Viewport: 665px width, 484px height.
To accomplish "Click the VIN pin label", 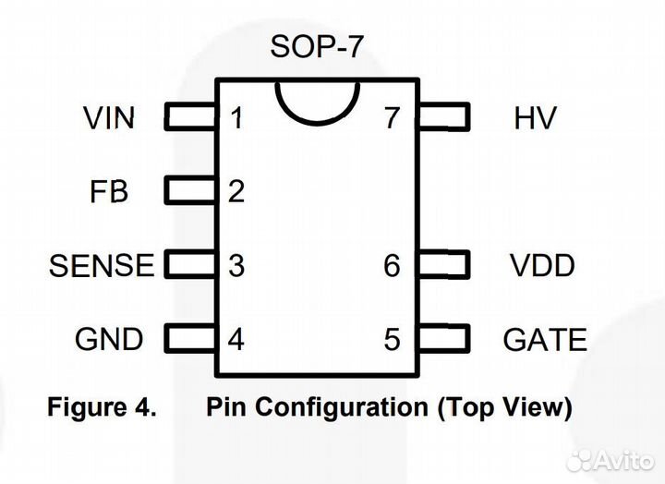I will coord(109,118).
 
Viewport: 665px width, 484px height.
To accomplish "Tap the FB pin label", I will coord(109,192).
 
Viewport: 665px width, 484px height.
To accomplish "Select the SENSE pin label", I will coord(102,266).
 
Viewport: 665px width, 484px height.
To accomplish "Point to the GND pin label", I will coord(109,339).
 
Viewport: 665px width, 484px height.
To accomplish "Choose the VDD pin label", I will coord(542,266).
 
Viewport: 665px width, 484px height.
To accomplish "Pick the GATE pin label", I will coord(545,339).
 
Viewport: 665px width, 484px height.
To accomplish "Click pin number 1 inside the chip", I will coord(236,118).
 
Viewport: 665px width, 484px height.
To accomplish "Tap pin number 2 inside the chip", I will coord(236,192).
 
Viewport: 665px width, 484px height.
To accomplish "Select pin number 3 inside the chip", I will coord(236,266).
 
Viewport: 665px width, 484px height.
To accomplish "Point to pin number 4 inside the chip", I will coord(236,339).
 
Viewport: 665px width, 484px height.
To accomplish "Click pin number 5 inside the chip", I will coord(393,339).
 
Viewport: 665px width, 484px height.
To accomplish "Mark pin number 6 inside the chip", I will coord(393,266).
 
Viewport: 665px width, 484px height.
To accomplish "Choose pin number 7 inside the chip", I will coord(393,118).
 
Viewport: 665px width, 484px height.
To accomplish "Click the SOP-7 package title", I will coord(315,46).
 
